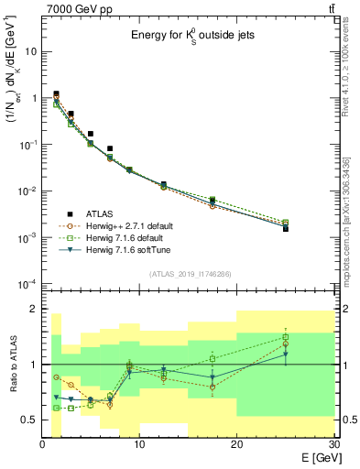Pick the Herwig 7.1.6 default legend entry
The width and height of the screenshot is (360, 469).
(x=125, y=237)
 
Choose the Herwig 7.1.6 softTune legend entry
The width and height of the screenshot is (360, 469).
(x=127, y=249)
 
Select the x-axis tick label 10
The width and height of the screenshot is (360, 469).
(x=139, y=444)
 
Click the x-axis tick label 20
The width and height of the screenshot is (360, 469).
(x=237, y=444)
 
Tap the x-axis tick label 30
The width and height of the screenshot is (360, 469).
(x=334, y=444)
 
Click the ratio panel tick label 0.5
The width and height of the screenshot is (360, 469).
(x=29, y=420)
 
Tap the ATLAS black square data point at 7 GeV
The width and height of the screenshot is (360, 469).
(x=110, y=148)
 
